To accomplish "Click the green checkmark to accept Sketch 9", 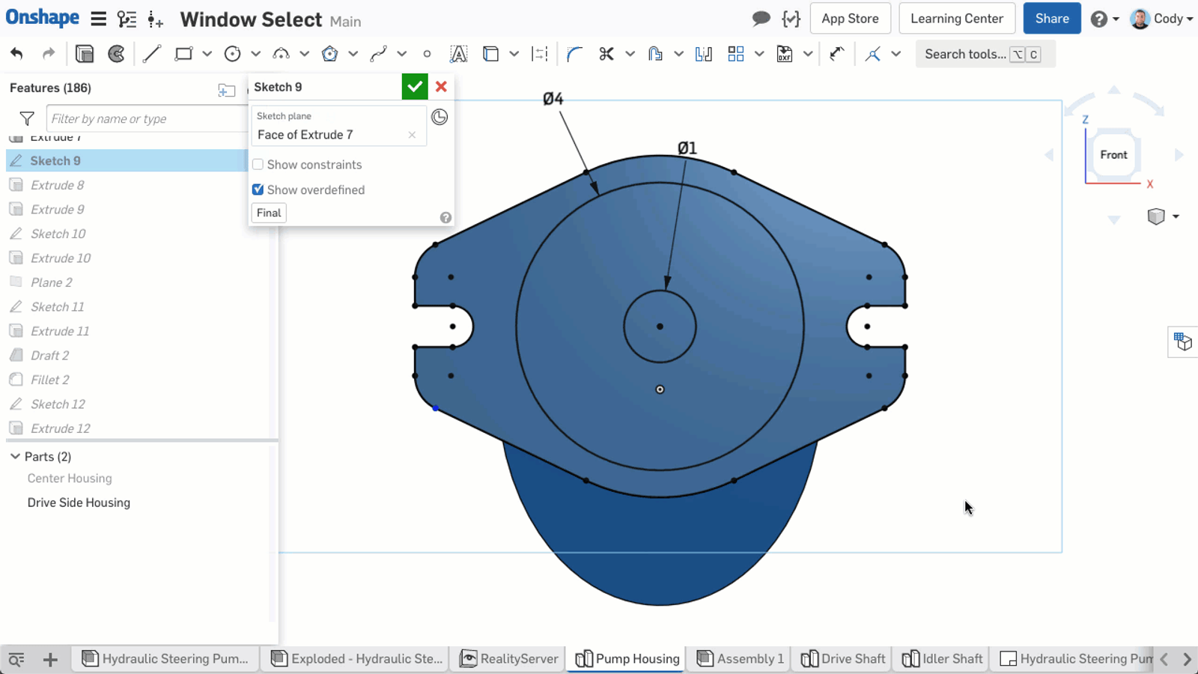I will point(415,87).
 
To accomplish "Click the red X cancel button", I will point(441,87).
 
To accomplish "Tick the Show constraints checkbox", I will point(258,165).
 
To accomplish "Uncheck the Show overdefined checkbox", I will point(258,190).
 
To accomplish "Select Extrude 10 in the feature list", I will point(61,258).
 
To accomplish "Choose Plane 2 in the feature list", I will point(52,282).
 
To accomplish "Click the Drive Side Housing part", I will point(79,503).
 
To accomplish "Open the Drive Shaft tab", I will point(843,659).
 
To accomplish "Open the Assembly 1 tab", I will point(741,659).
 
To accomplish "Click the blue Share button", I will point(1051,19).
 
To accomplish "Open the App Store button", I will point(850,19).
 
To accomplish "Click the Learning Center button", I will point(956,19).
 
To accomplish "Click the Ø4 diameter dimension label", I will point(553,99).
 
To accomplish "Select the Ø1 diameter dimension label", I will point(687,148).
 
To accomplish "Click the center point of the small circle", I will point(660,327).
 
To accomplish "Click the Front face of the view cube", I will point(1113,155).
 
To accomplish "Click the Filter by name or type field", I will point(146,119).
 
